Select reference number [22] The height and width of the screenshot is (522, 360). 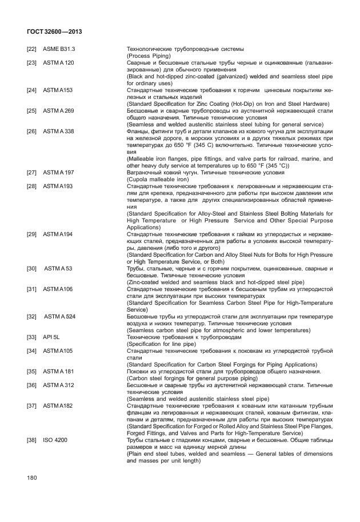(x=32, y=49)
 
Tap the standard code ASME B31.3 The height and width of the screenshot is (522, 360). (x=59, y=49)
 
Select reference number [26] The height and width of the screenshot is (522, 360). (x=32, y=131)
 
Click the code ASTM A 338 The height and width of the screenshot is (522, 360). (x=58, y=131)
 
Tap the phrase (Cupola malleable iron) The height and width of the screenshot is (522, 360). (x=158, y=179)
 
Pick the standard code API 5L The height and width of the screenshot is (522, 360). (x=51, y=337)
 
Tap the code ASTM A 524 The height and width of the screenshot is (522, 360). (x=59, y=316)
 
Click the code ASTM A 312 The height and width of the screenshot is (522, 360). (x=58, y=385)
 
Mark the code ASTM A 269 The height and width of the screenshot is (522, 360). (x=58, y=110)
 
